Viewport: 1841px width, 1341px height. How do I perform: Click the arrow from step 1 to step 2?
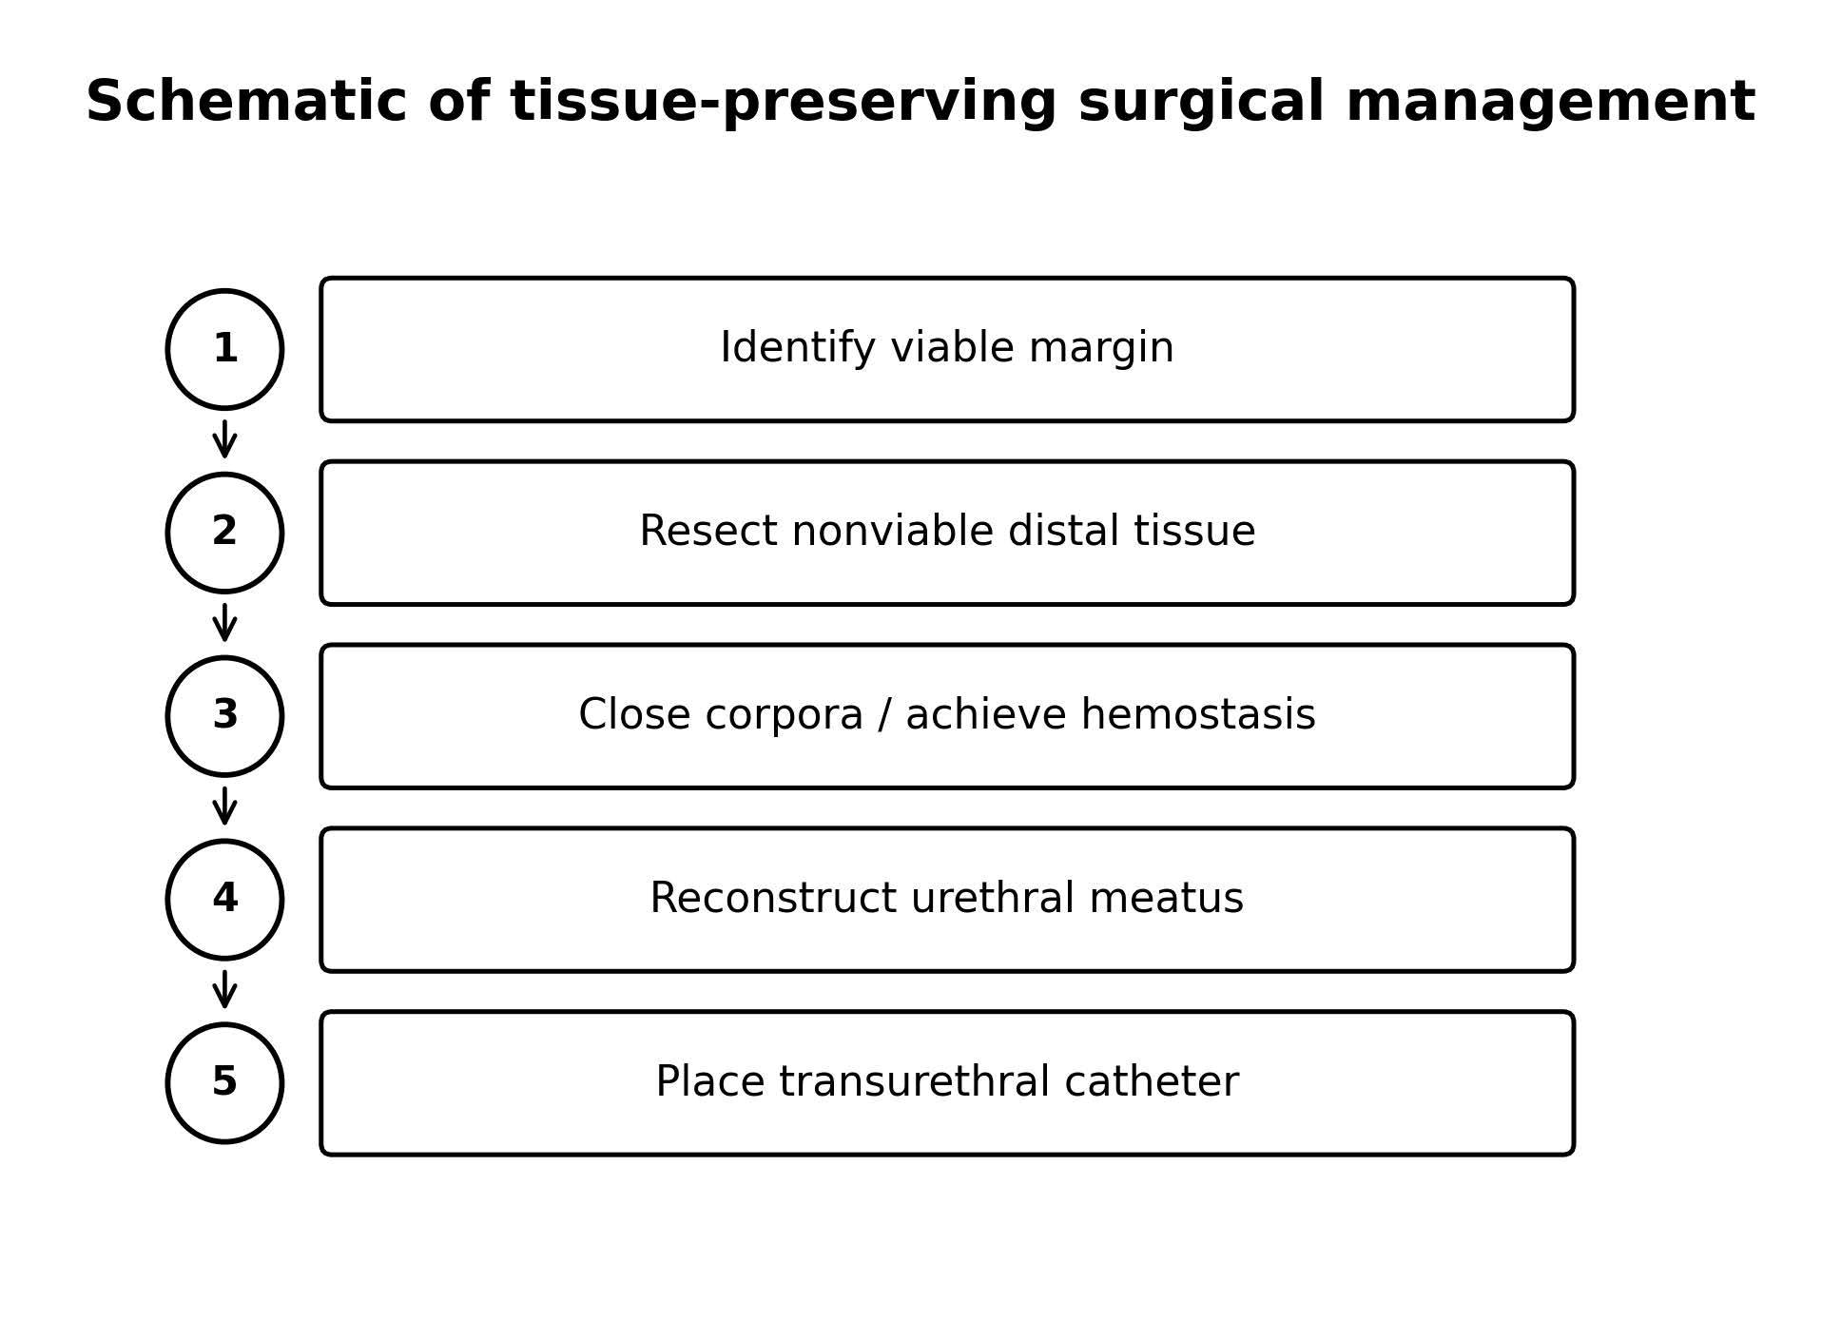point(224,439)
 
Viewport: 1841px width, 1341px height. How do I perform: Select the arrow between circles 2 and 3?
point(224,623)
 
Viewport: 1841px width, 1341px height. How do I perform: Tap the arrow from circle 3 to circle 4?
point(224,807)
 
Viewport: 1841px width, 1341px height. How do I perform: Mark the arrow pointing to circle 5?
point(224,990)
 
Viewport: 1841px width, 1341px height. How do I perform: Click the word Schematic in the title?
point(246,102)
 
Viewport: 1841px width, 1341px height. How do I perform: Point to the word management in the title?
point(1550,104)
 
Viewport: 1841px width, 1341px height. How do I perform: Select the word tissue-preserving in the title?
point(784,104)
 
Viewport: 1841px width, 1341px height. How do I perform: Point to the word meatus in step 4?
point(1166,900)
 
